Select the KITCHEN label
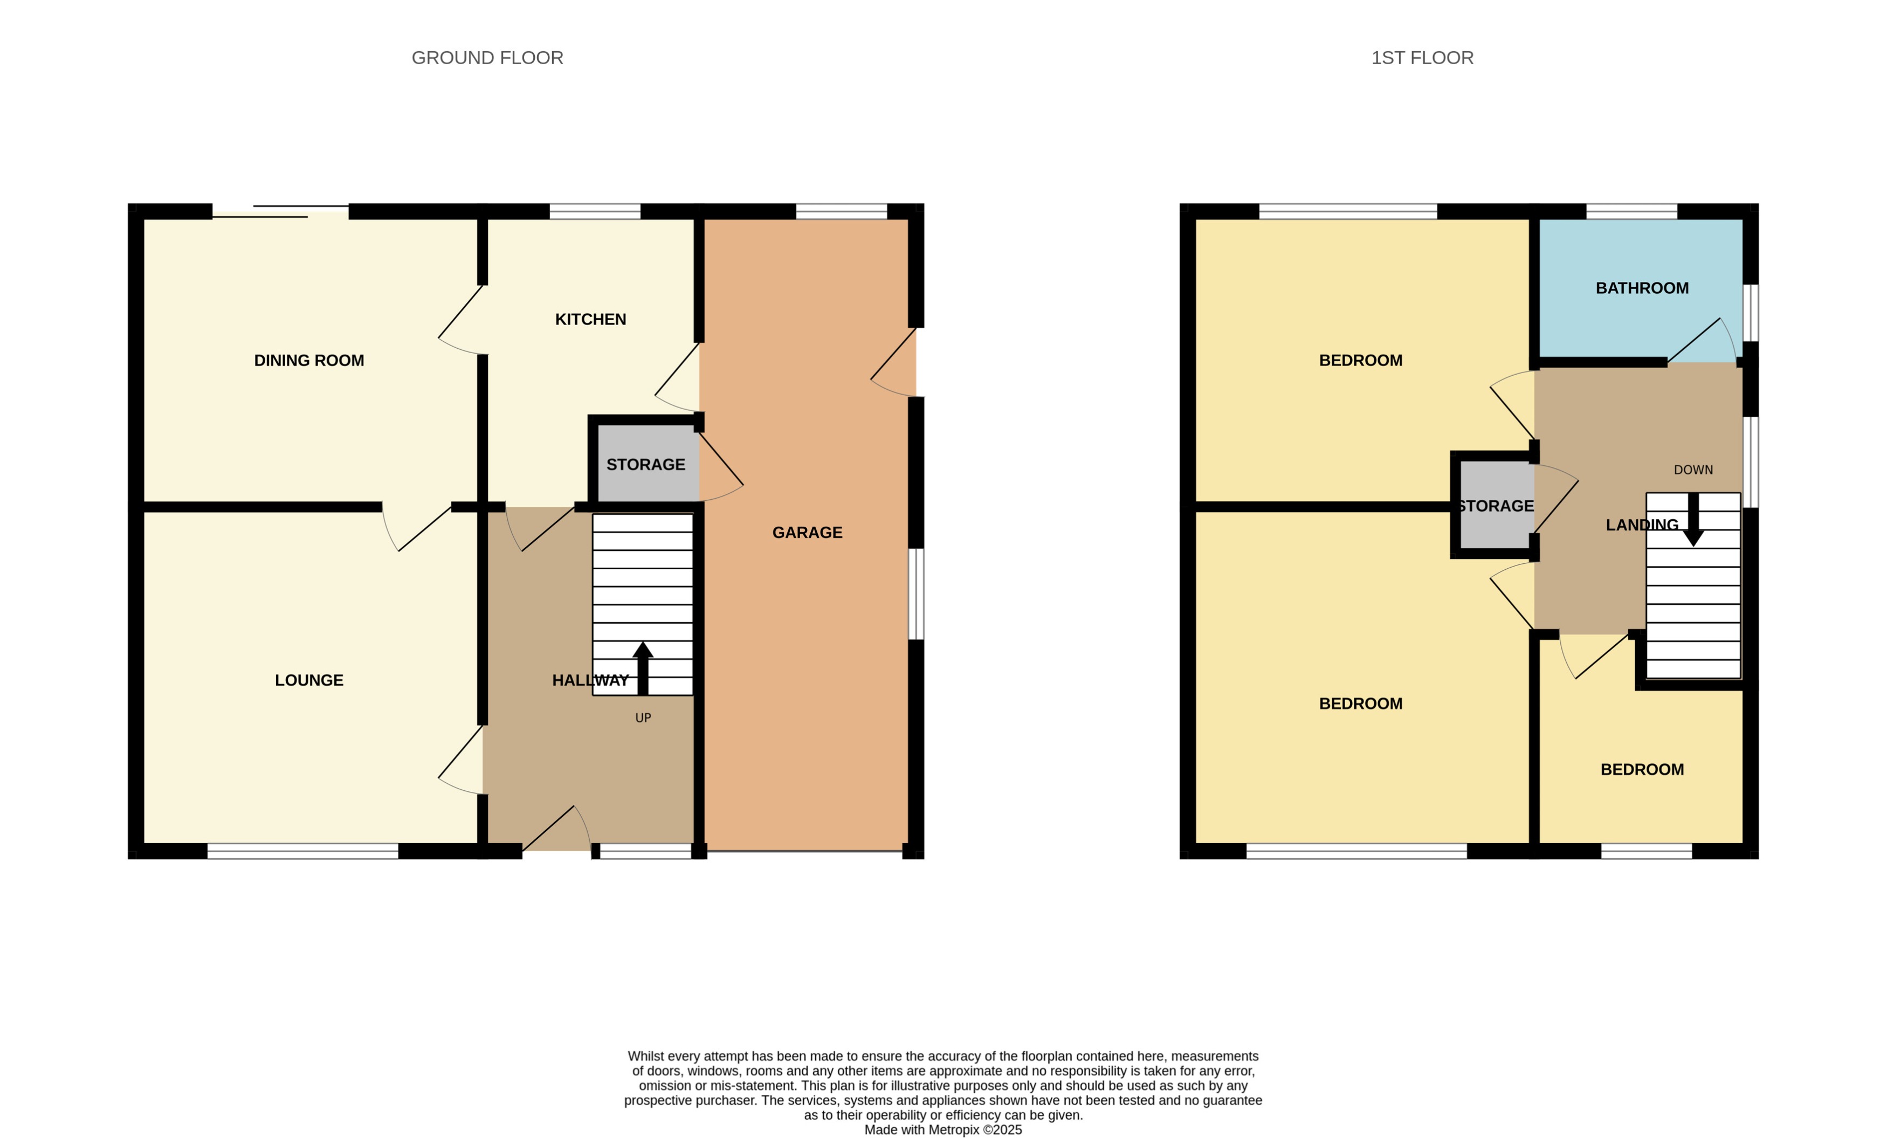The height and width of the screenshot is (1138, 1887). click(590, 319)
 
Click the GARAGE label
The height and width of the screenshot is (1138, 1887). click(807, 532)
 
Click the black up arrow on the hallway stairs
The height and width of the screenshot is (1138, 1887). click(643, 666)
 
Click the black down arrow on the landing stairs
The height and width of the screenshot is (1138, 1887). click(1693, 521)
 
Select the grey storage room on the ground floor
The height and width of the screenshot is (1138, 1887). click(645, 465)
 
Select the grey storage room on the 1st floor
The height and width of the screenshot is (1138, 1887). click(1496, 506)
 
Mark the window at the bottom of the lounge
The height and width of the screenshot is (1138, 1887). click(302, 851)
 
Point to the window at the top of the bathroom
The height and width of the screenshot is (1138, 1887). click(1631, 211)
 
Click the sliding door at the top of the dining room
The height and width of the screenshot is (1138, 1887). click(280, 211)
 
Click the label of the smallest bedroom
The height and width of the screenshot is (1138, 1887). click(1641, 770)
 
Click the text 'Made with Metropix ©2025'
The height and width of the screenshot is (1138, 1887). click(943, 1129)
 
